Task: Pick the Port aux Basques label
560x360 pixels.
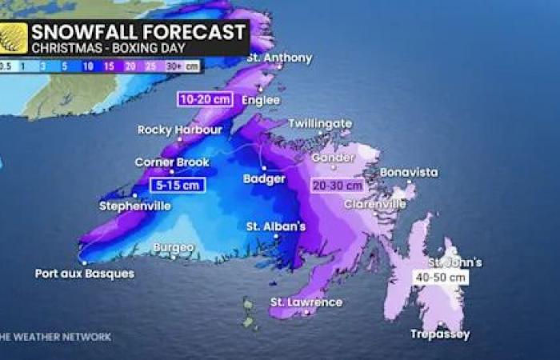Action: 85,273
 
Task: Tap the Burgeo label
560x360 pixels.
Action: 173,248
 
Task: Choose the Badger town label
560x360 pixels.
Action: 264,178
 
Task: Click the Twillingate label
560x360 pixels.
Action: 319,124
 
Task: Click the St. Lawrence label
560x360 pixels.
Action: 306,302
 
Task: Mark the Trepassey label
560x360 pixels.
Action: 440,334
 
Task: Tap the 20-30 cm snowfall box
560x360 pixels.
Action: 337,185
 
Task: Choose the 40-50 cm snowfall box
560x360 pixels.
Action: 440,277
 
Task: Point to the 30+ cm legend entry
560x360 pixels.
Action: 186,66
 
